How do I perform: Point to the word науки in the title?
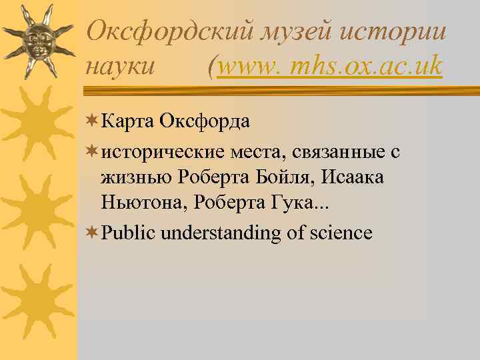coord(121,67)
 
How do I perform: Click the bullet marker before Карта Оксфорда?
coord(92,121)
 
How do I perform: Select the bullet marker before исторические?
coord(92,153)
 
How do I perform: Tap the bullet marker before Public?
coord(92,233)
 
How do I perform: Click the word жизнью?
coord(137,179)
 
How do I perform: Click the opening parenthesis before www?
coord(212,67)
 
